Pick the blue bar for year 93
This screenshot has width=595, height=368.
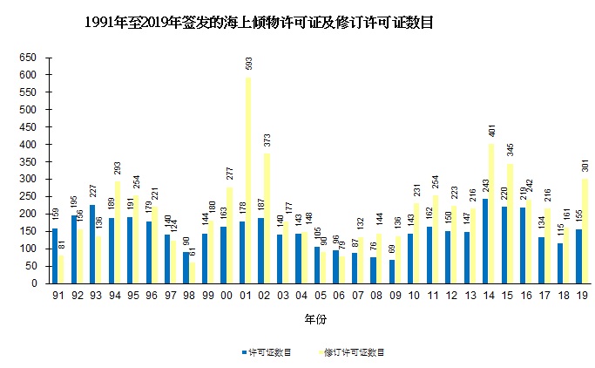91,243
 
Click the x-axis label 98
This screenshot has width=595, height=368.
189,296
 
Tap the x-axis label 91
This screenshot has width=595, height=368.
58,296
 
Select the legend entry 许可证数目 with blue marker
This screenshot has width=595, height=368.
267,353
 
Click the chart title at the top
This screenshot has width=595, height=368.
259,24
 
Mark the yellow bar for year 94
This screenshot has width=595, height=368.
117,232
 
